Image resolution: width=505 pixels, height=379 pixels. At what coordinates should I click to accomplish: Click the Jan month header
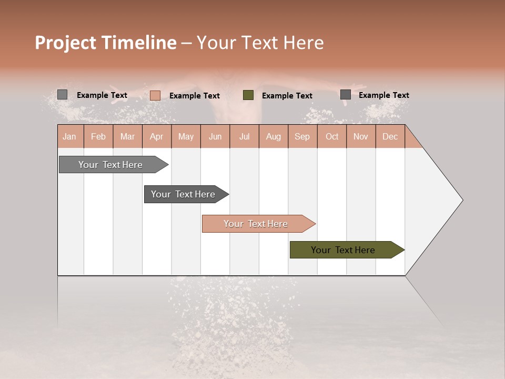70,136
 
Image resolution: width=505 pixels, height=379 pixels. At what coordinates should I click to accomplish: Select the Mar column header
127,136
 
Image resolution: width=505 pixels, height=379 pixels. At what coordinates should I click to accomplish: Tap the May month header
186,136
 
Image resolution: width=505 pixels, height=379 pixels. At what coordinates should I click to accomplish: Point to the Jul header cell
244,136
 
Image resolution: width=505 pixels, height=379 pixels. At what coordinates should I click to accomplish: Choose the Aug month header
273,136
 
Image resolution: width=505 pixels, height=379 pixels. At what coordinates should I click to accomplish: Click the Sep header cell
302,136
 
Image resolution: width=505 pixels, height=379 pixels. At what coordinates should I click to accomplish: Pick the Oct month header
331,136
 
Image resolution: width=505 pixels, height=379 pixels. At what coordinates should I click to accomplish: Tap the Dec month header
390,136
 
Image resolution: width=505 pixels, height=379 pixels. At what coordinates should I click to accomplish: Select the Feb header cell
98,136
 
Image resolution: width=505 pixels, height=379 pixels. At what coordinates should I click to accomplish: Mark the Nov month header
360,136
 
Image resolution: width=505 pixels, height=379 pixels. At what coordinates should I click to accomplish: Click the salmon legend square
155,95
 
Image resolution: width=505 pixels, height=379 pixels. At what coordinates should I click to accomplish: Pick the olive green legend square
248,95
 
